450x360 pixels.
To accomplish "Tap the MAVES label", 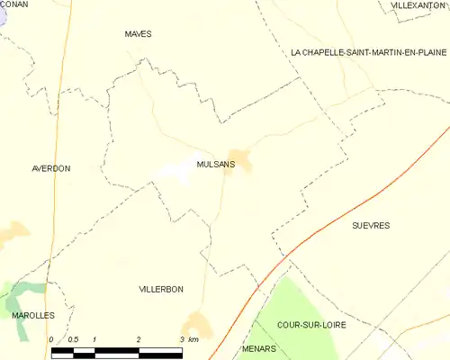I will tap(138, 34).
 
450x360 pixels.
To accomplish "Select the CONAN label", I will tap(13, 4).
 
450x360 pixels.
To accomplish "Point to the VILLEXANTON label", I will tap(418, 5).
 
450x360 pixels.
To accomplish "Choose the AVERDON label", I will tap(50, 168).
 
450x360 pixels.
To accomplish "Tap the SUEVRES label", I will tap(370, 226).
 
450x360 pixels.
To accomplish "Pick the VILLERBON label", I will tap(161, 289).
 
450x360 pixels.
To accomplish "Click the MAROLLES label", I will tap(32, 316).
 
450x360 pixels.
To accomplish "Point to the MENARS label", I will tap(259, 347).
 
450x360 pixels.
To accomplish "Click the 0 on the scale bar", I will tap(52, 339).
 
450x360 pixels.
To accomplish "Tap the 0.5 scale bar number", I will tap(73, 339).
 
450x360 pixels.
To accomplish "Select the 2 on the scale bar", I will tap(139, 339).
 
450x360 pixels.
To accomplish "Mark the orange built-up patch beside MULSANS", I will tap(240, 159).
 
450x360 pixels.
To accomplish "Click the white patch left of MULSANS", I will tap(176, 172).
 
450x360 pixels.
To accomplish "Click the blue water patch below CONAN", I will tap(4, 20).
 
